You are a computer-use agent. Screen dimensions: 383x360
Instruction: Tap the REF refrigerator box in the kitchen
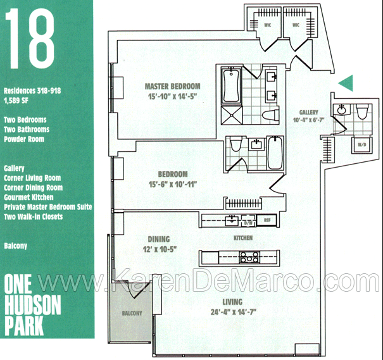click(x=267, y=220)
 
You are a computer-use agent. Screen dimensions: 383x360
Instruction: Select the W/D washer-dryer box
click(x=361, y=145)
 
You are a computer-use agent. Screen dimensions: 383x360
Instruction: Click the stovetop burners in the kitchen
click(x=249, y=258)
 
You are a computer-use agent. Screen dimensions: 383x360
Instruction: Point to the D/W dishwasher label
click(x=248, y=223)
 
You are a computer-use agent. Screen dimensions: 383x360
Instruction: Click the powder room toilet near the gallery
click(x=362, y=111)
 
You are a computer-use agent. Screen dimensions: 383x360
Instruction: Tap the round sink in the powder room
click(x=342, y=109)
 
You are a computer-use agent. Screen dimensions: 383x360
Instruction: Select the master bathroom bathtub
click(x=231, y=85)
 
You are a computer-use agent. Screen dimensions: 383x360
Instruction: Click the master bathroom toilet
click(x=271, y=115)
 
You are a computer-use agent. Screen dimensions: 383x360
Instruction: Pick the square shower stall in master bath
click(x=232, y=115)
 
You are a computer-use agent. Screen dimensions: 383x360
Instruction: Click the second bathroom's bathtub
click(x=275, y=152)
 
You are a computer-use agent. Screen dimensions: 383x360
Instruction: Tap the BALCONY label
click(x=132, y=313)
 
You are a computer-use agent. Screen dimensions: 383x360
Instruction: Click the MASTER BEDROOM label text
click(x=172, y=86)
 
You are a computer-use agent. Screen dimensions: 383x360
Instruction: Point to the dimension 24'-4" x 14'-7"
click(x=233, y=312)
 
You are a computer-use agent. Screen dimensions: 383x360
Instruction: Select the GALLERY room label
click(x=309, y=112)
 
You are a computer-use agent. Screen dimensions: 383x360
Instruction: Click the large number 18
click(x=30, y=39)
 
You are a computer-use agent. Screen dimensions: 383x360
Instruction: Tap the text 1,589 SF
click(x=16, y=101)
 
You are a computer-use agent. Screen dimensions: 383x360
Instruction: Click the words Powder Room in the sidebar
click(x=24, y=139)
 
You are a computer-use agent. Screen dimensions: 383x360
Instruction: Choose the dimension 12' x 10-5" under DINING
click(x=160, y=249)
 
